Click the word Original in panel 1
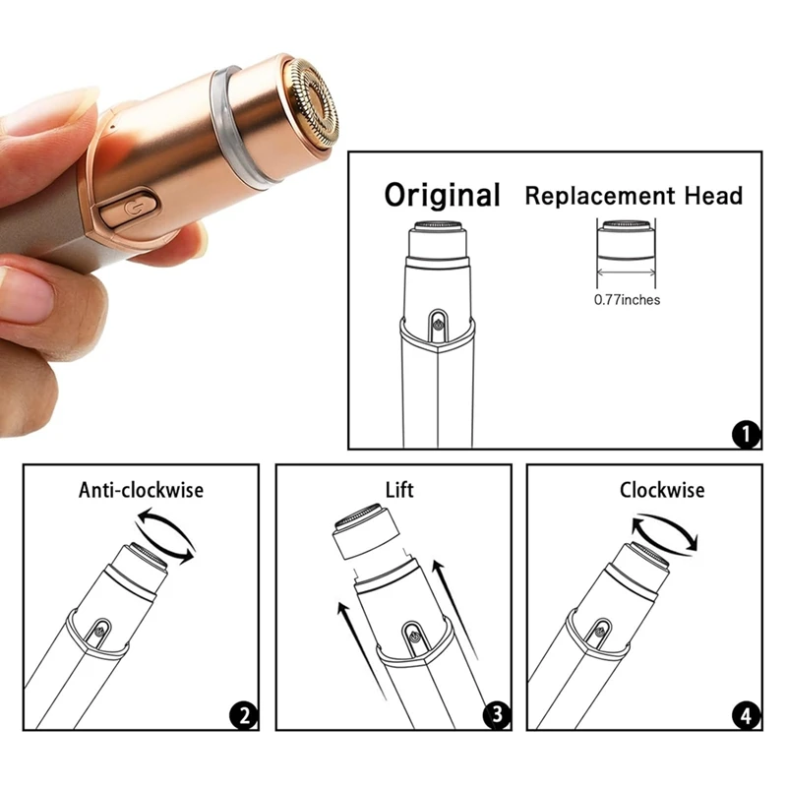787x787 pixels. [x=442, y=194]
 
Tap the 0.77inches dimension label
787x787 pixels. [x=627, y=299]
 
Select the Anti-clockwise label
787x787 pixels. [x=140, y=489]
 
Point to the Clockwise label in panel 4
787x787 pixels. [x=662, y=489]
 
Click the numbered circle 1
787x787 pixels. [x=746, y=434]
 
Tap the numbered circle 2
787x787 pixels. [x=243, y=715]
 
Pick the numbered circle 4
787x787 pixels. [x=747, y=715]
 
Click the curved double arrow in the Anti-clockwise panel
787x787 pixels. [x=165, y=536]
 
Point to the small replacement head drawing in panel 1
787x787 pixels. [x=625, y=240]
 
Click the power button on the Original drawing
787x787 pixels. [x=436, y=320]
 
